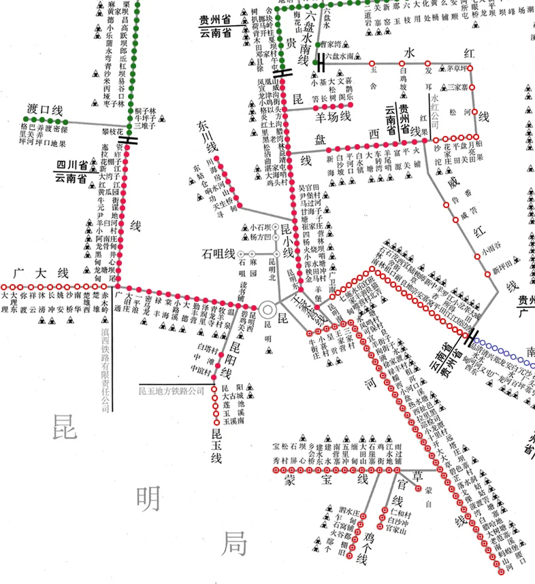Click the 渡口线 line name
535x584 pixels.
pyautogui.click(x=45, y=109)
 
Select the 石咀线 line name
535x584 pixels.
pyautogui.click(x=218, y=254)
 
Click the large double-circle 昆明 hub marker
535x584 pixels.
pyautogui.click(x=267, y=310)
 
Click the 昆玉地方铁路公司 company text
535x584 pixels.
pyautogui.click(x=171, y=391)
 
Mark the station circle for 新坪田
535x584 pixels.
pyautogui.click(x=487, y=274)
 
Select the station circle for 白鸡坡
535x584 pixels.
pyautogui.click(x=402, y=62)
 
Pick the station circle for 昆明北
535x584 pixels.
pyautogui.click(x=276, y=254)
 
